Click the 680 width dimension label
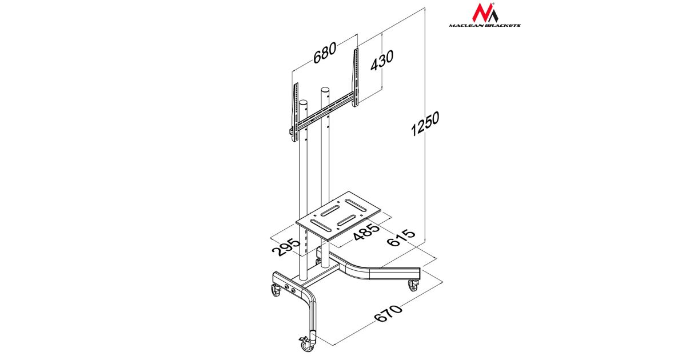click(x=325, y=53)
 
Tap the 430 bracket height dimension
click(x=382, y=61)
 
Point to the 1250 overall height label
click(x=425, y=123)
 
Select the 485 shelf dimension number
click(x=366, y=233)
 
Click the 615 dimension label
click(x=401, y=238)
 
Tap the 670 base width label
click(x=388, y=313)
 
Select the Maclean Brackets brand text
click(x=485, y=25)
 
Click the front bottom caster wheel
click(x=306, y=344)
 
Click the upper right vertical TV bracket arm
click(x=356, y=77)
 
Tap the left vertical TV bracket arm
click(x=81, y=113)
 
